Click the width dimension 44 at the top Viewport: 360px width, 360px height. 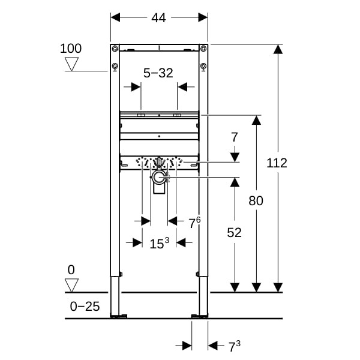point(158,18)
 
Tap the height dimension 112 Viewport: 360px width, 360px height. point(277,163)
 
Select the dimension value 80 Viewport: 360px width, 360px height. point(256,200)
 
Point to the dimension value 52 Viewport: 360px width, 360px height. point(234,232)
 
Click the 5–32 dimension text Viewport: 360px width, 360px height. point(158,73)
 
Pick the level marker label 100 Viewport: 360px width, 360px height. point(71,48)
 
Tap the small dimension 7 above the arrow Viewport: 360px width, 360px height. point(235,137)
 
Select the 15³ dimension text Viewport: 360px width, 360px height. point(159,243)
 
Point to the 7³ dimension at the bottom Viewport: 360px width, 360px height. point(234,346)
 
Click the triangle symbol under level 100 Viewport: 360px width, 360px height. point(72,64)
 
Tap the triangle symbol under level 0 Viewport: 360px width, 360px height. point(72,284)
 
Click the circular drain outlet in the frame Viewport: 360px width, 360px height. point(158,177)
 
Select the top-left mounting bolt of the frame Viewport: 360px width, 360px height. point(114,48)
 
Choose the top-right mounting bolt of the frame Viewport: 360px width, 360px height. point(204,48)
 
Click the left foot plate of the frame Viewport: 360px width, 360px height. point(119,316)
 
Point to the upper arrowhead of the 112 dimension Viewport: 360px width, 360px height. point(277,49)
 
